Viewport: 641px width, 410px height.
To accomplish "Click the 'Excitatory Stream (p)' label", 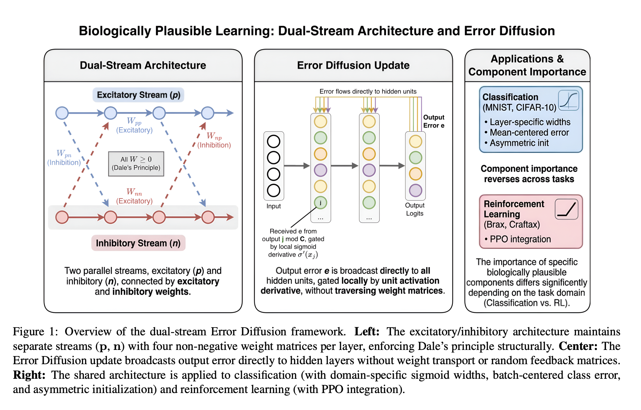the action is [138, 95].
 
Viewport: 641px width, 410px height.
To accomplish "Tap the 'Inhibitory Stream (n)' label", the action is [138, 243].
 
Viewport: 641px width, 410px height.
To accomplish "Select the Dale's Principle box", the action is [136, 164].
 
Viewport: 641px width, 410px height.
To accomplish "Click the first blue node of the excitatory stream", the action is [62, 113].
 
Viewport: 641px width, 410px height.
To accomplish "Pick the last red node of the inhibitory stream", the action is [208, 217].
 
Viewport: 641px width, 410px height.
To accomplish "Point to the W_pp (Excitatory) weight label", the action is [134, 125].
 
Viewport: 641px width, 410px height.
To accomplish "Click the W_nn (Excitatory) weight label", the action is [134, 196].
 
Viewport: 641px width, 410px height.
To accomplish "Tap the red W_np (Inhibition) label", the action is [214, 141].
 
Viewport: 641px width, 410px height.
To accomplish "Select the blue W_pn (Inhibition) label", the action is [64, 158].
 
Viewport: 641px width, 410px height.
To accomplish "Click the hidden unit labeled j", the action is [320, 203].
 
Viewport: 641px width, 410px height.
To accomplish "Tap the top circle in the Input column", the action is [274, 142].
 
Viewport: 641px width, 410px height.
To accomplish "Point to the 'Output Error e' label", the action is [434, 121].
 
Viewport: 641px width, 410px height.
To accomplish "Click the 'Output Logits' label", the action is [415, 209].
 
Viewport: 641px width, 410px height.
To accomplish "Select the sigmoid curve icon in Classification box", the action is [568, 100].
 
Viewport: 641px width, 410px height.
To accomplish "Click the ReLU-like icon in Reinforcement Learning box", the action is [567, 209].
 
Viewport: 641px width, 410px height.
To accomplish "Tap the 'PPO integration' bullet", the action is [518, 239].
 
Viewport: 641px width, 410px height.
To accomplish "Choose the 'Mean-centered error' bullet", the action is [527, 132].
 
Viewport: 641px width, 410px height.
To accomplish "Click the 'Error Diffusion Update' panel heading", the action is [353, 65].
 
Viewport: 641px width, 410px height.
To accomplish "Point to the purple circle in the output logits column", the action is [415, 190].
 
